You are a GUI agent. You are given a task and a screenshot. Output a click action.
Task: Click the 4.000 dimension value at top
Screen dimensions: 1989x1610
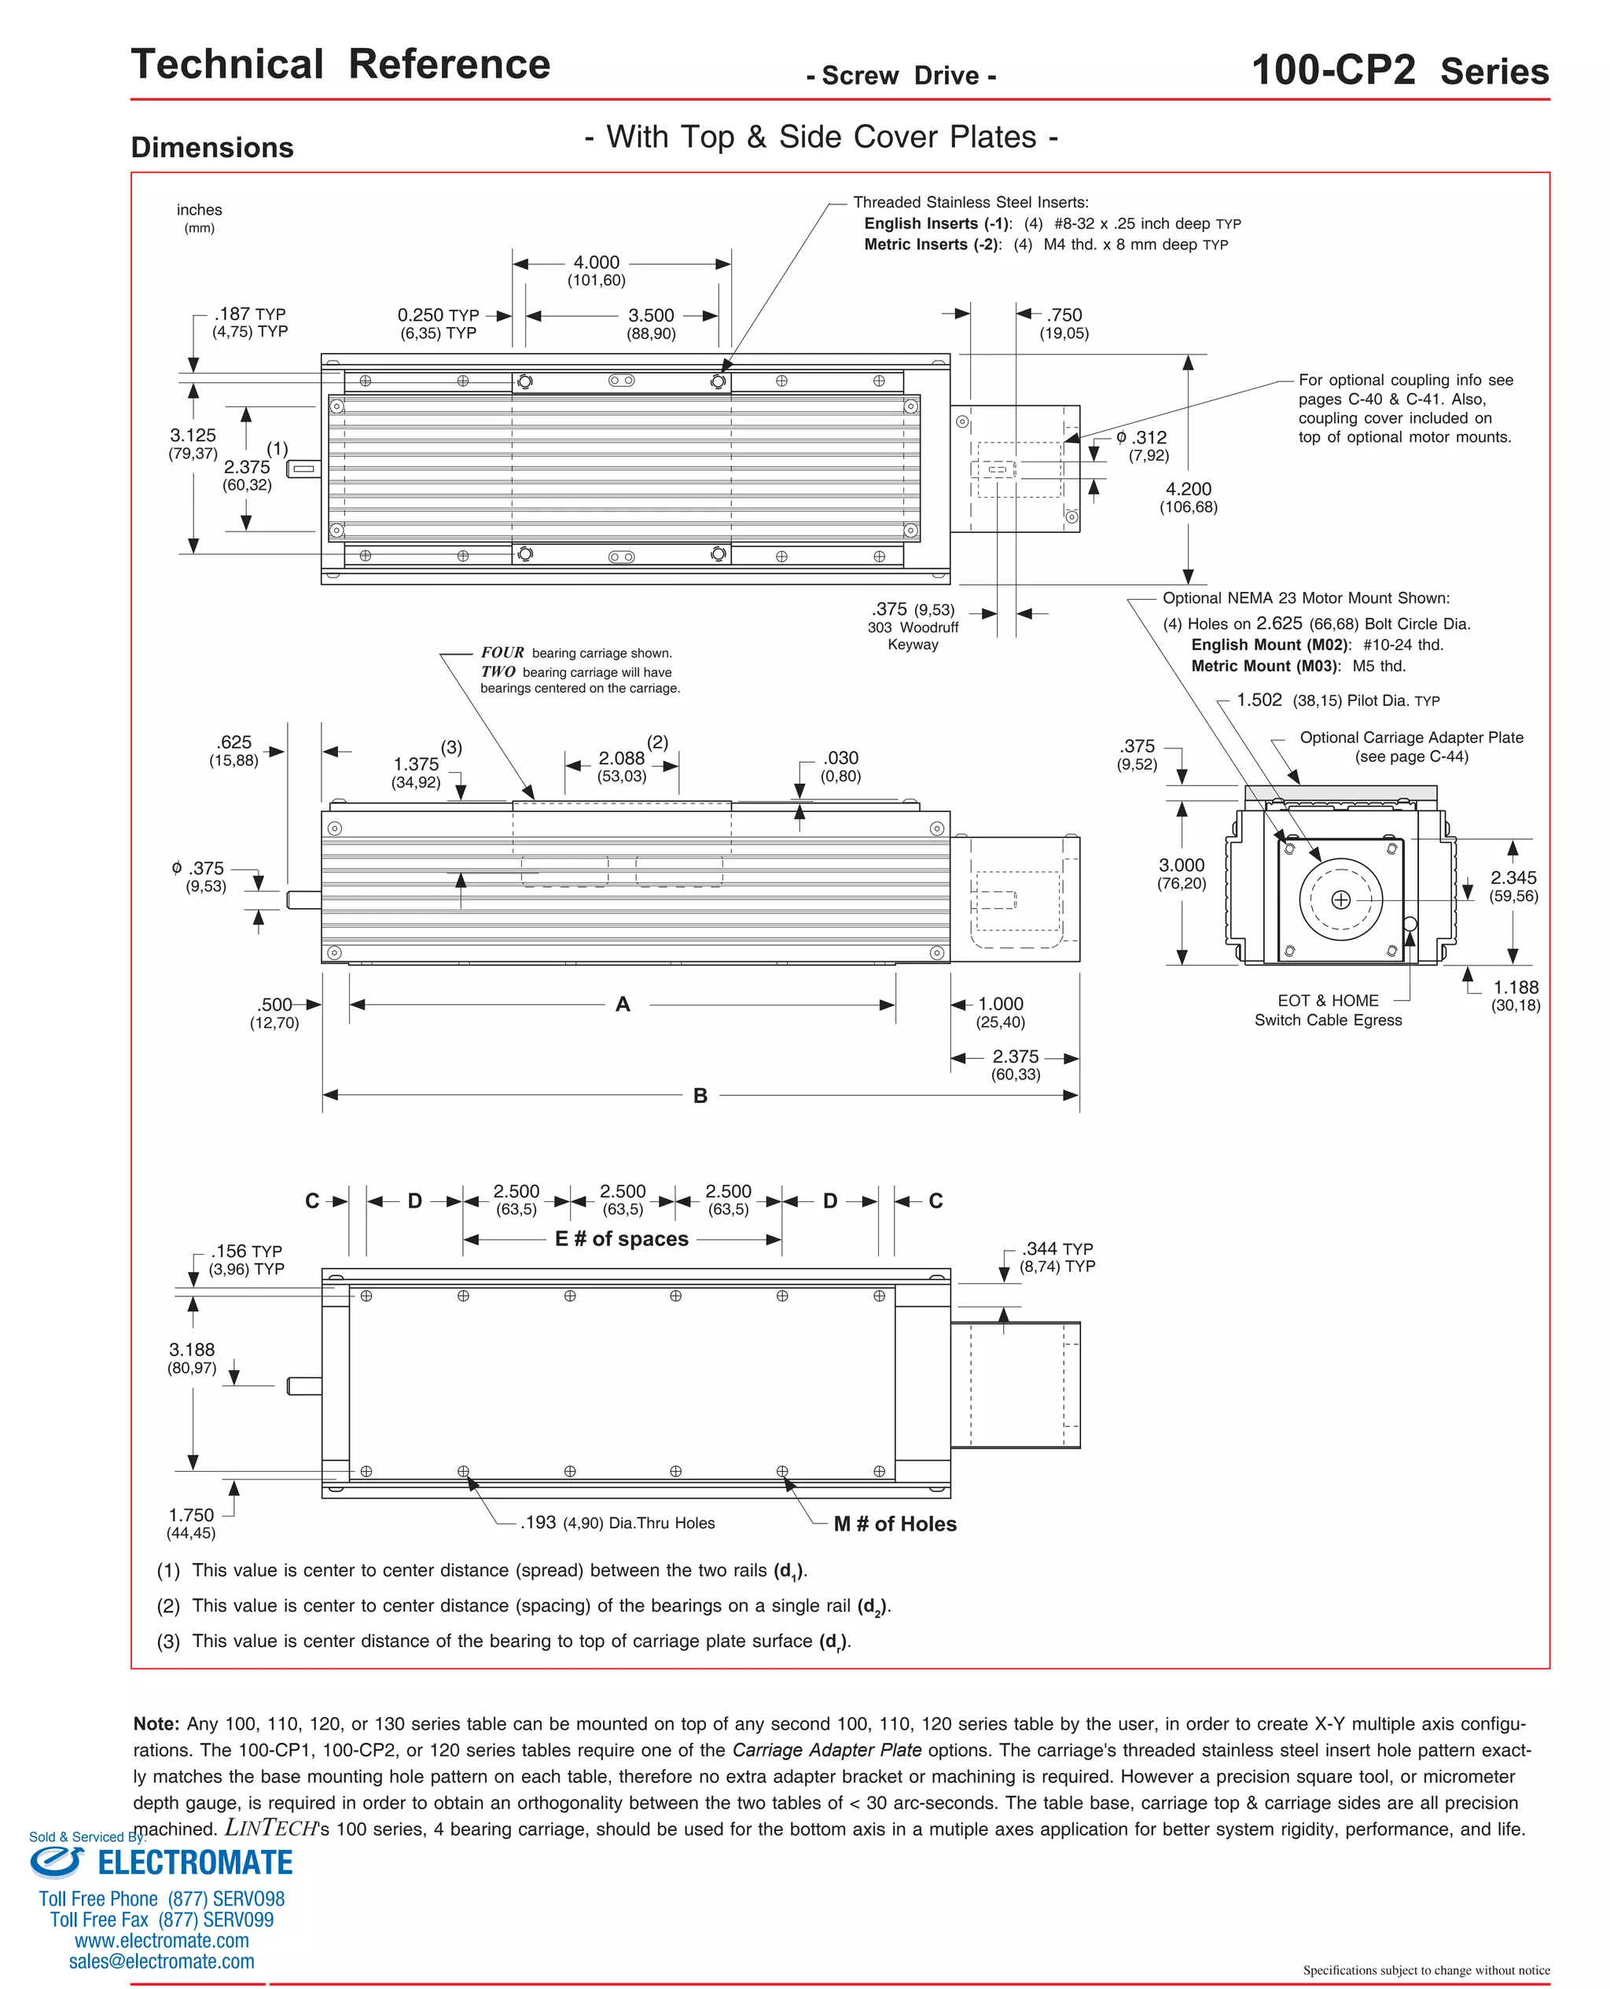597,263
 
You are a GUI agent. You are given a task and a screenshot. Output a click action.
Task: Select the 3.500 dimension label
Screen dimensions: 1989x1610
651,315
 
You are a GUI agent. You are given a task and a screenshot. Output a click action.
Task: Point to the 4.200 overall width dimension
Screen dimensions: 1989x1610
1188,489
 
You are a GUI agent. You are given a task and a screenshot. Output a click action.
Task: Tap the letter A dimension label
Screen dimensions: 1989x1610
623,1004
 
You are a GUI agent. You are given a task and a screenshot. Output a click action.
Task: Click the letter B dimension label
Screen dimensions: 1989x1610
700,1096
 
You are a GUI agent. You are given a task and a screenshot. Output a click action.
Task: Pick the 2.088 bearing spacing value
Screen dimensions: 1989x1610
621,759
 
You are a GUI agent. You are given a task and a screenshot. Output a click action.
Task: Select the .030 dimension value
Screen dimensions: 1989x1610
840,759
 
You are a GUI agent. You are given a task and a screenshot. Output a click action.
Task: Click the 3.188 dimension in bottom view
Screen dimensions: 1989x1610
192,1350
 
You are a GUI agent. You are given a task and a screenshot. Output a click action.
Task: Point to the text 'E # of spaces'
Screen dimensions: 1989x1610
621,1239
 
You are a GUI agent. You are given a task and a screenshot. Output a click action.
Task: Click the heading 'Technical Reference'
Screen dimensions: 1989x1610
340,65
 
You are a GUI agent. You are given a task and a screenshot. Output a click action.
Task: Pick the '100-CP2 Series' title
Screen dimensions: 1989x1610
1399,71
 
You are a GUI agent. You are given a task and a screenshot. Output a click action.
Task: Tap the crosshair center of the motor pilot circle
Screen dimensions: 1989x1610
1340,899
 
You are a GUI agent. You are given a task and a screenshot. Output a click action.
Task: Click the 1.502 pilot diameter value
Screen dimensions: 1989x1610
1259,700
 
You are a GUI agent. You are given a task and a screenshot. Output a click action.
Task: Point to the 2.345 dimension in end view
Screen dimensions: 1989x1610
1513,877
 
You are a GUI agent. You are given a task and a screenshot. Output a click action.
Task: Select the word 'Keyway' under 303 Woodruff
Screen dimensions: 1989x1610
913,645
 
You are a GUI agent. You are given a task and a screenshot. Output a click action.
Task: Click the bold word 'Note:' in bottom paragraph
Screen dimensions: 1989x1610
156,1724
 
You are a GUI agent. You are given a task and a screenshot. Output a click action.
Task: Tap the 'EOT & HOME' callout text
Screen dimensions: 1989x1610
1328,1001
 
